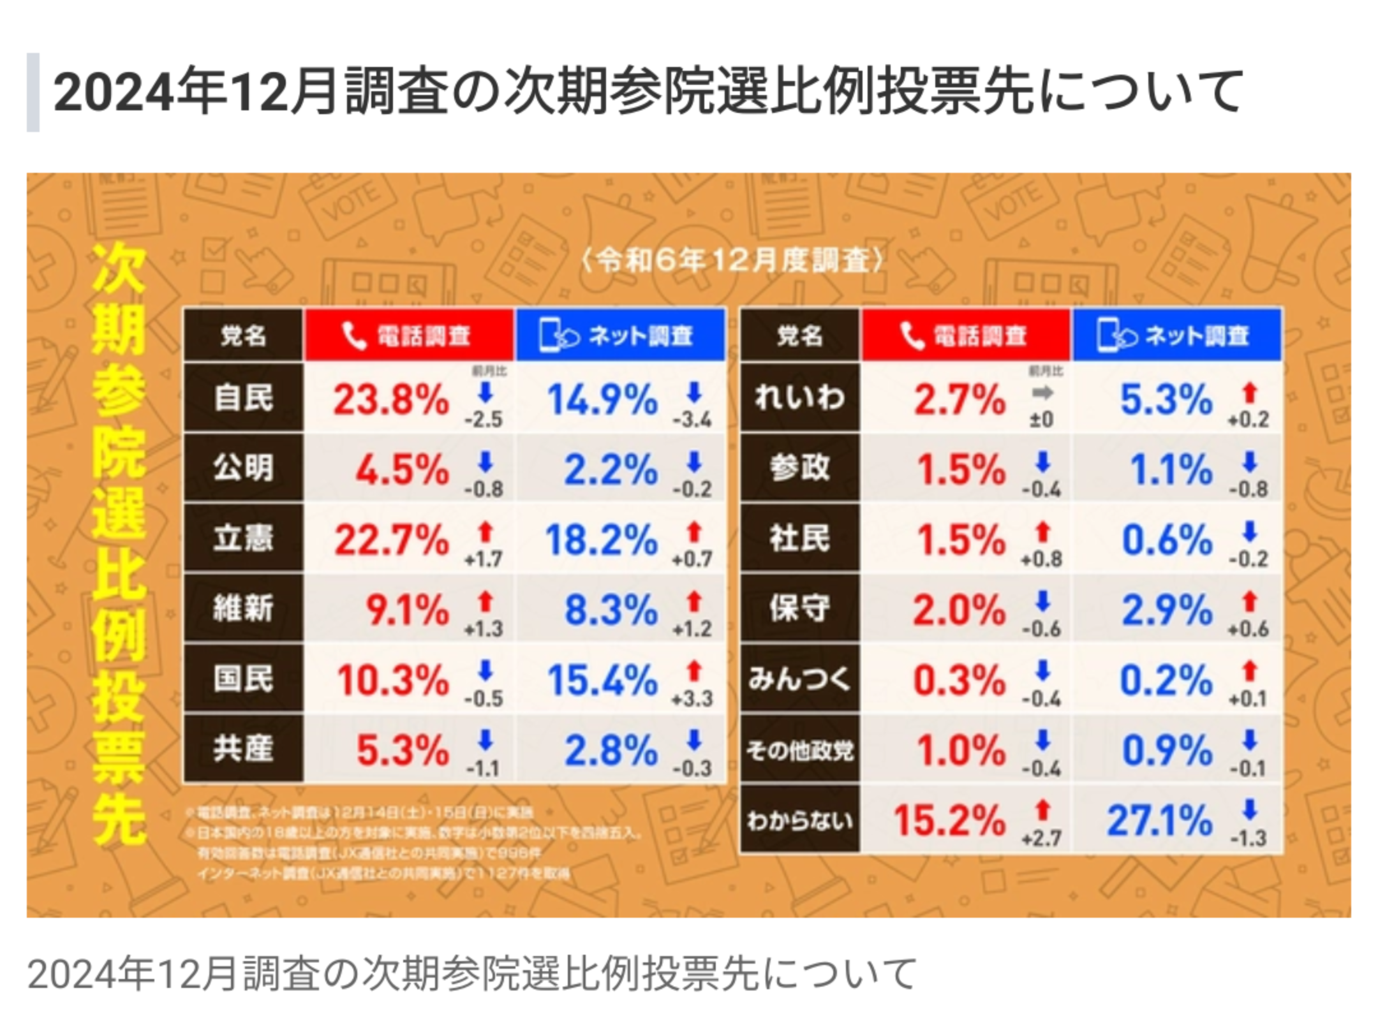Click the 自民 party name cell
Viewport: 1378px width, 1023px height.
point(243,397)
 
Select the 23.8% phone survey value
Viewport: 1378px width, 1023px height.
point(391,401)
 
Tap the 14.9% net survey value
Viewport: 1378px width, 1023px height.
point(602,401)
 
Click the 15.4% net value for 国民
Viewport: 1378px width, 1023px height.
point(602,680)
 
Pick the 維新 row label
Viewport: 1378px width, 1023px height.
point(243,608)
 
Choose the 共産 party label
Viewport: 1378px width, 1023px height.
point(243,748)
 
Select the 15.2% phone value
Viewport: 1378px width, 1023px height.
point(949,820)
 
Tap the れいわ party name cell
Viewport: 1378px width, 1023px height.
point(799,397)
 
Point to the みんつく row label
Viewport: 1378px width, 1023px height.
point(799,679)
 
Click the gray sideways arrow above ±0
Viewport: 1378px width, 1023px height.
point(1042,394)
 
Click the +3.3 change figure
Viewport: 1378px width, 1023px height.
point(692,699)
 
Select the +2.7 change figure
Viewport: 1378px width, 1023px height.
point(1042,839)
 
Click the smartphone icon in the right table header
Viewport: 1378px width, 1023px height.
point(1110,335)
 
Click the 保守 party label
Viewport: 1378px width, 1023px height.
point(799,608)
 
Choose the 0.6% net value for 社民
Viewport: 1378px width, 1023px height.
point(1167,540)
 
